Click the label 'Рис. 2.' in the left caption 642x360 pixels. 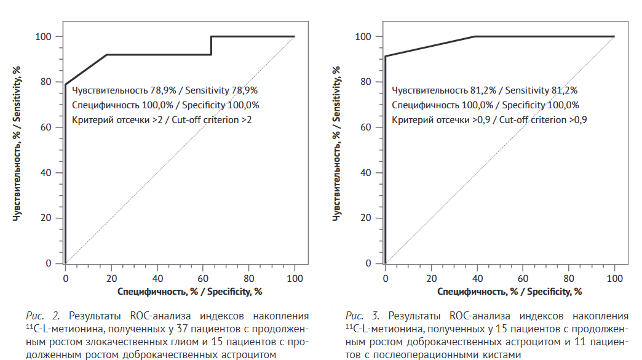(x=39, y=316)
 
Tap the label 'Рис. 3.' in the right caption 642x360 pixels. (x=358, y=316)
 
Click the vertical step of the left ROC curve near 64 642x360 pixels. (x=211, y=46)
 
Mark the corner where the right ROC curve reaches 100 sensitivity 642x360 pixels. (x=475, y=36)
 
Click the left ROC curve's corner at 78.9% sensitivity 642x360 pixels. (x=65, y=84)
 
